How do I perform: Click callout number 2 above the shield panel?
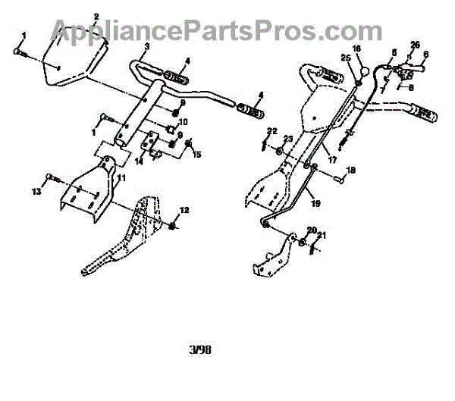coord(96,16)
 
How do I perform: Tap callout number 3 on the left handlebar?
coord(147,47)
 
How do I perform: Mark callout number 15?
coord(197,155)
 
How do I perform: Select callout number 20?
coord(312,229)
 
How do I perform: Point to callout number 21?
coord(322,236)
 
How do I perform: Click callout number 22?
coord(271,131)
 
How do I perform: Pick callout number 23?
coord(287,139)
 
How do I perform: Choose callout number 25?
coord(346,58)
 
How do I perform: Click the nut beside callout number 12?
coord(174,226)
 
